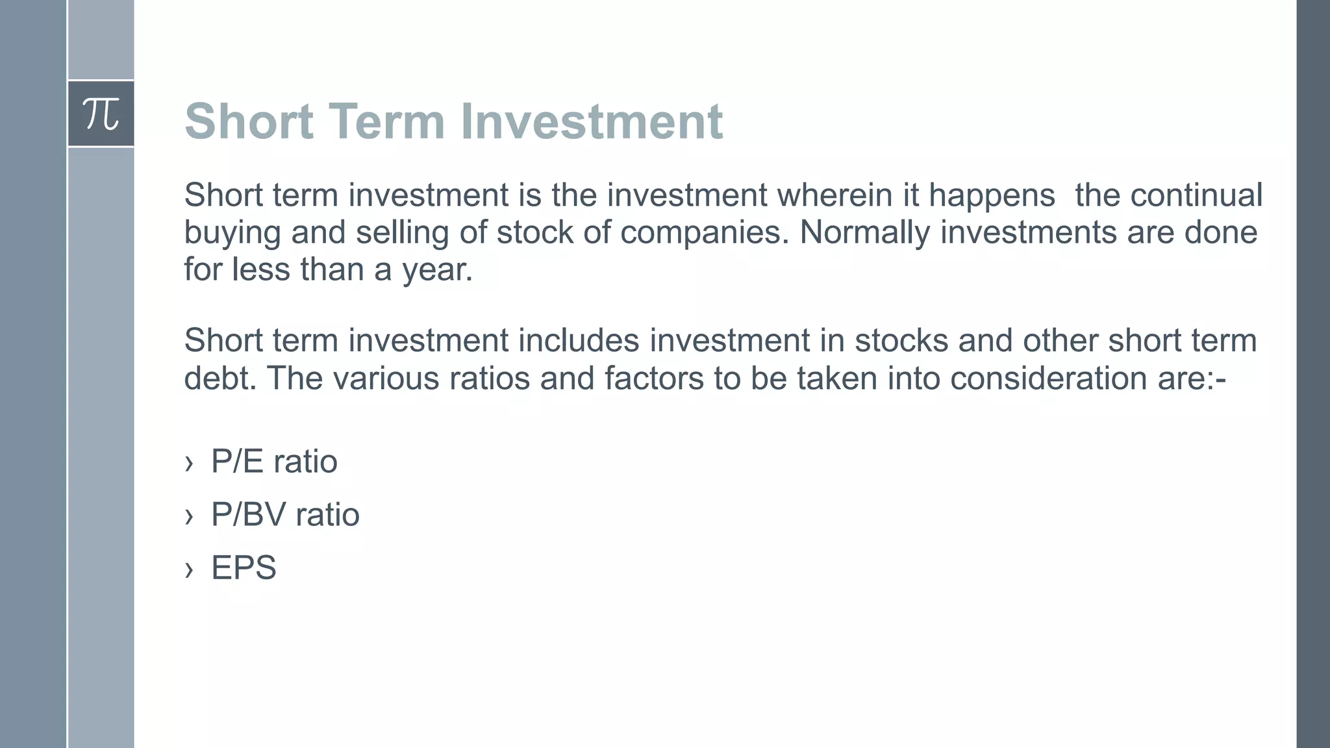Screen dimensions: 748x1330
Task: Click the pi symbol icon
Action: (101, 114)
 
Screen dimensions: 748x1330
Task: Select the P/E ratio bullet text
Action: (274, 462)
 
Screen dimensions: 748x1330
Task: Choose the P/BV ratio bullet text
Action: (285, 515)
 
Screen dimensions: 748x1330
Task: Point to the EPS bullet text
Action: (244, 567)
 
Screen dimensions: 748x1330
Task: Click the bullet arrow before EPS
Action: (189, 569)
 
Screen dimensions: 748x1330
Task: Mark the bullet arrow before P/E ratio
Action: (189, 463)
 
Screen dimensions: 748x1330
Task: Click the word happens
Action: (992, 195)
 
